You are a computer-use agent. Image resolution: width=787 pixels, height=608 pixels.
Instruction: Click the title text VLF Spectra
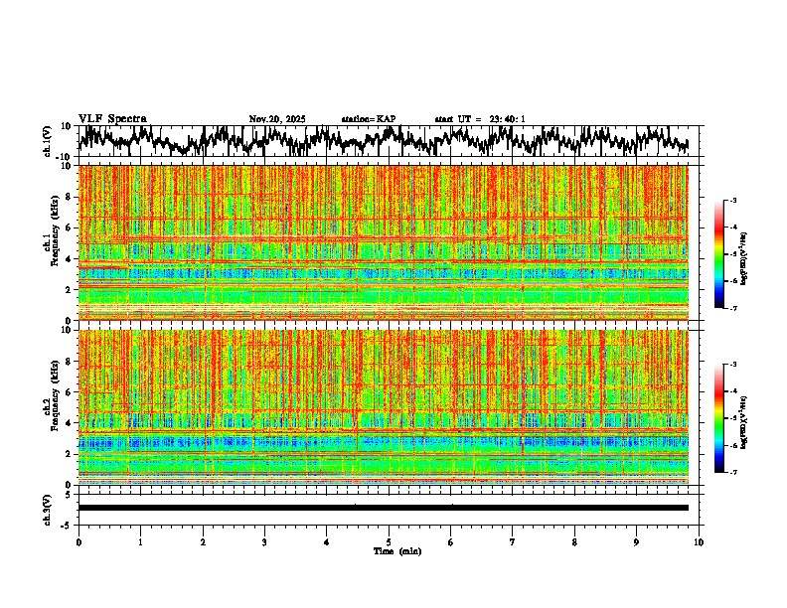[112, 118]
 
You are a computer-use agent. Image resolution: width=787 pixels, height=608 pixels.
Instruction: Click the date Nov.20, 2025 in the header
[277, 119]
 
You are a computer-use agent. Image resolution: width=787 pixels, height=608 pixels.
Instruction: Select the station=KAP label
[369, 119]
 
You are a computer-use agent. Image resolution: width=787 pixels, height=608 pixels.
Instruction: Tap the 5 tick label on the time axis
[389, 541]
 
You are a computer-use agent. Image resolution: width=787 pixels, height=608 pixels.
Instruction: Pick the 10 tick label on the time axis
[700, 541]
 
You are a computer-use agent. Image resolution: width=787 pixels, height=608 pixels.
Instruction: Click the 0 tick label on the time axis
[79, 541]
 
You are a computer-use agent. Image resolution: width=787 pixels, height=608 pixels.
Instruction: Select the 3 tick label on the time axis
[264, 541]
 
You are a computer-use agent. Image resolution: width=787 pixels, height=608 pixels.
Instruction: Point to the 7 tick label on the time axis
[513, 541]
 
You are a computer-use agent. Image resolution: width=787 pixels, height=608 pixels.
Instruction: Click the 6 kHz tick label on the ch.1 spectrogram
[67, 228]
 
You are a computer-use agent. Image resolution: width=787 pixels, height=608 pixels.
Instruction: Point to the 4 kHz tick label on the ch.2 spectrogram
[67, 422]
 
